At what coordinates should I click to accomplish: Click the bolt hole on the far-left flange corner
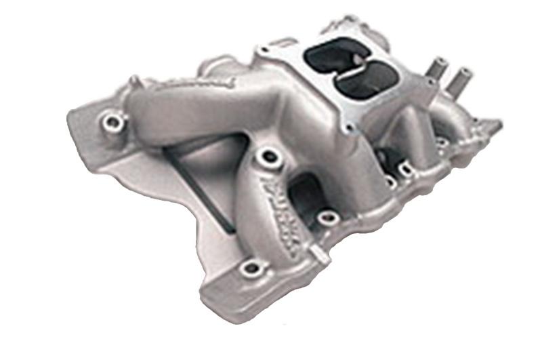tap(112, 123)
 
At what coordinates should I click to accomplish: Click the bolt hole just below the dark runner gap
tap(327, 217)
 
